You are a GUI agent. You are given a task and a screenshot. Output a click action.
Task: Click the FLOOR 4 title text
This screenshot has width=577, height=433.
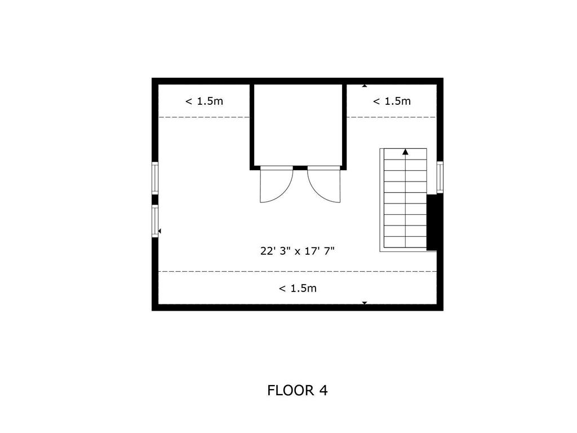[x=298, y=390]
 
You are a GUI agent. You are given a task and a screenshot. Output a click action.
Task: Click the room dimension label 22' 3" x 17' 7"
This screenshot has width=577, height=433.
[x=298, y=251]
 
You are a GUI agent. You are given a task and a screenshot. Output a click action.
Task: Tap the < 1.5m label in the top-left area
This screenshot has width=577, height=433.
[x=204, y=101]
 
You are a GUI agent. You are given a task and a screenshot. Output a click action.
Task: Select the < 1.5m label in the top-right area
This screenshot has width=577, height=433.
[x=392, y=101]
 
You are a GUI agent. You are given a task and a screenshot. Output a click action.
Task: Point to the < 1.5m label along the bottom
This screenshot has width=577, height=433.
[x=298, y=288]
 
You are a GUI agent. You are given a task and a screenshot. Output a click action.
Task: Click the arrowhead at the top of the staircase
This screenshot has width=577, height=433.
[x=406, y=152]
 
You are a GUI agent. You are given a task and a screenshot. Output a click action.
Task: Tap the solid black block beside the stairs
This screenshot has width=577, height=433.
[x=432, y=222]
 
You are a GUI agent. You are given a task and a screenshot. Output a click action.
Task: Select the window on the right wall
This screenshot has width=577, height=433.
[x=440, y=177]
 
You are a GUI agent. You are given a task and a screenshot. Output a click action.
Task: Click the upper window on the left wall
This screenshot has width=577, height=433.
[x=155, y=178]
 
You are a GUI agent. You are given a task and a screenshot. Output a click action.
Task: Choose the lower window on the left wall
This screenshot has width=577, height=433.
[x=155, y=221]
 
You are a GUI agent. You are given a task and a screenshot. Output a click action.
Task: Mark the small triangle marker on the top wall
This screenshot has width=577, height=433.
[x=365, y=86]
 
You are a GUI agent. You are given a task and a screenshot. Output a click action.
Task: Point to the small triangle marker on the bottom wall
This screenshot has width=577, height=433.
[x=365, y=303]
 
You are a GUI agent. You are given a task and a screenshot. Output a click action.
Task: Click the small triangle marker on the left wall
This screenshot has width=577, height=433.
[x=159, y=231]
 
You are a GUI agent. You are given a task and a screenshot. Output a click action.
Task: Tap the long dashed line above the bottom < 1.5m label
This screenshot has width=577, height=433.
[x=298, y=272]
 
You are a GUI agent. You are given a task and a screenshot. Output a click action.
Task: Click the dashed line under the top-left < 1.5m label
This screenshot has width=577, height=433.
[x=204, y=117]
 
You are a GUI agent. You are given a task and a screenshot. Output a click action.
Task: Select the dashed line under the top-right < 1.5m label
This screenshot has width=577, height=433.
[x=392, y=117]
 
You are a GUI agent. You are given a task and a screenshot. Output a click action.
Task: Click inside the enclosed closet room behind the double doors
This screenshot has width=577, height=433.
[x=298, y=125]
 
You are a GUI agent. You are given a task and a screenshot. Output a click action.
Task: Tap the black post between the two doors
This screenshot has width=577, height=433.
[x=300, y=168]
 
